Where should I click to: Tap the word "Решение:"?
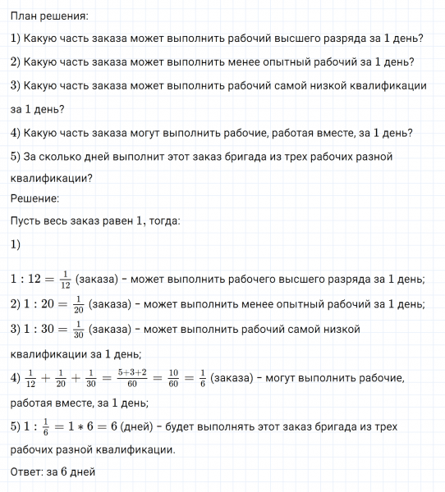tap(34, 198)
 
